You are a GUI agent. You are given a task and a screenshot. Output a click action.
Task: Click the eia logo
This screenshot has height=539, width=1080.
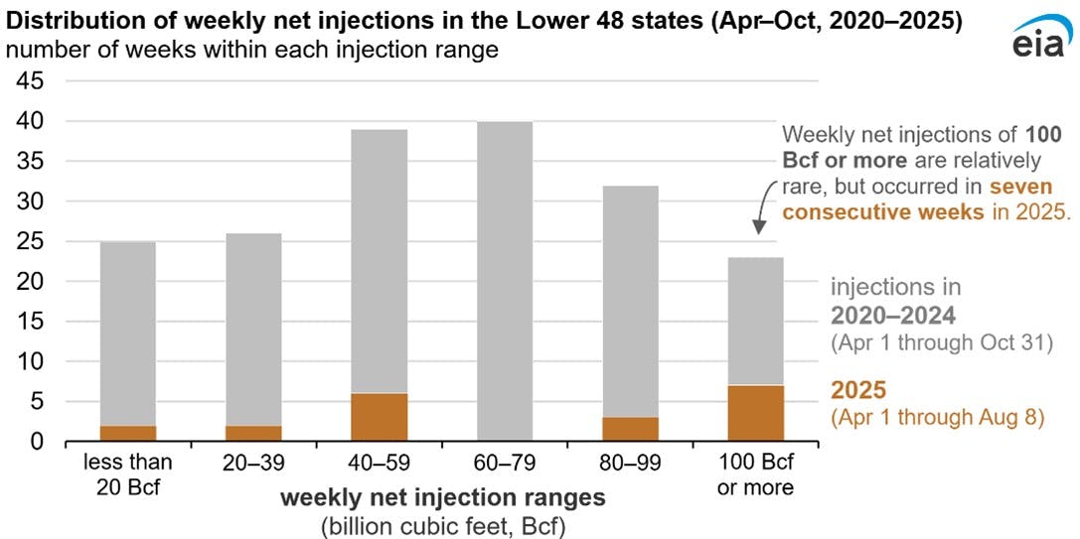pyautogui.click(x=1039, y=42)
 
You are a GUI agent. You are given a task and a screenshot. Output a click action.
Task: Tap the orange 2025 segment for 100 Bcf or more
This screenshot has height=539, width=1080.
pyautogui.click(x=754, y=413)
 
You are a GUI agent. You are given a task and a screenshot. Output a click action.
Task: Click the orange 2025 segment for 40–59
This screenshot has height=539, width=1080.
pyautogui.click(x=379, y=417)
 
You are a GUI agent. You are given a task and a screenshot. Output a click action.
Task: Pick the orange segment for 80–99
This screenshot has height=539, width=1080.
pyautogui.click(x=629, y=429)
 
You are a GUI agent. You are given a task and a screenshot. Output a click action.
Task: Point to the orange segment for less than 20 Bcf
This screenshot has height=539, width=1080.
pyautogui.click(x=128, y=433)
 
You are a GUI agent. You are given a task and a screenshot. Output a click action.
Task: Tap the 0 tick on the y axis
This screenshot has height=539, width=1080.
pyautogui.click(x=37, y=442)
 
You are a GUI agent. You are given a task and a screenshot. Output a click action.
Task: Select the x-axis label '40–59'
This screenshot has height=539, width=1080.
pyautogui.click(x=379, y=463)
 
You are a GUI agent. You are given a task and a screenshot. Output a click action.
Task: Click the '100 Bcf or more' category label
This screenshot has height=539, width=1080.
pyautogui.click(x=754, y=474)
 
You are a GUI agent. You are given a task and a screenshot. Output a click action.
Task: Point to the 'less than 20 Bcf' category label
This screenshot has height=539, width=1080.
pyautogui.click(x=128, y=474)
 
